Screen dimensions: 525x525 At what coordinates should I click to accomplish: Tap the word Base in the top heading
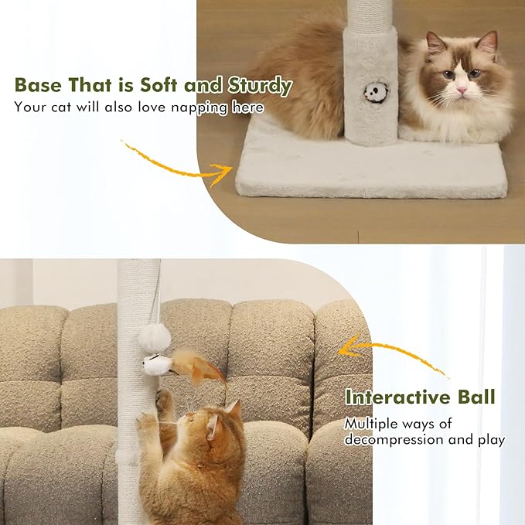[x=39, y=85]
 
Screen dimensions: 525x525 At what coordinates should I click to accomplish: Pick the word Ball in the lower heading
[x=475, y=398]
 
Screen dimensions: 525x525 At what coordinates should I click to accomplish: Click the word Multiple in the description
[x=372, y=423]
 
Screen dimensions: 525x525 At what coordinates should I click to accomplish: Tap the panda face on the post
[x=375, y=93]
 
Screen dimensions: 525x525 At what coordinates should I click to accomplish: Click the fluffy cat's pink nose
[x=462, y=90]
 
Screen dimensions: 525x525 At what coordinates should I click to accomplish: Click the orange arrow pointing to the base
[x=182, y=162]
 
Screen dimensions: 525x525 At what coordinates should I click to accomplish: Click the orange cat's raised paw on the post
[x=163, y=399]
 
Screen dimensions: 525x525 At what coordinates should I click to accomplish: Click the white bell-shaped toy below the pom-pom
[x=158, y=364]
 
